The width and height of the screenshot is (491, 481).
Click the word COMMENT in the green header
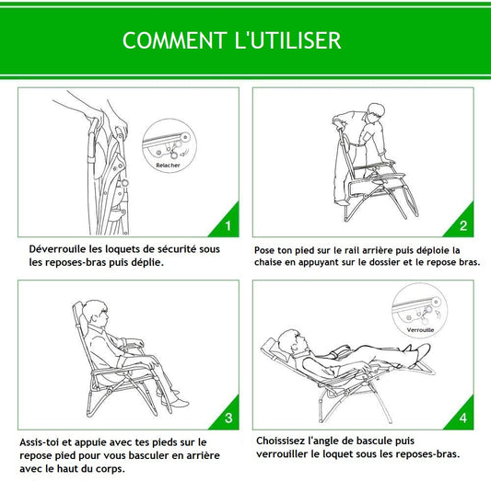[x=175, y=40]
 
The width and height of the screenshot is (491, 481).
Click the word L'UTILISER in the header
[x=287, y=40]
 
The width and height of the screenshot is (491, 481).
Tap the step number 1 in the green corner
[x=228, y=225]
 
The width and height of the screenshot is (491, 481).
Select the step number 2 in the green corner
[x=463, y=225]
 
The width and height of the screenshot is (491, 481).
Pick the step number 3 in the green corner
[x=228, y=418]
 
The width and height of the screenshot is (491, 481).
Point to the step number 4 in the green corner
[x=463, y=418]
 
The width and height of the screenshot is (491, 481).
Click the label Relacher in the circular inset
[x=169, y=166]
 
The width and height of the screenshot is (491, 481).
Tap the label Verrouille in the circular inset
[x=420, y=330]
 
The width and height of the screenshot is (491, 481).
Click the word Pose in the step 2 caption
[x=264, y=250]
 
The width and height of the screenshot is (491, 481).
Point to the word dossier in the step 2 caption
[x=385, y=262]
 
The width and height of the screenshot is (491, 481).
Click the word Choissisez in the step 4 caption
[x=280, y=441]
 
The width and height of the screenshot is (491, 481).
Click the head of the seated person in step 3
[x=95, y=313]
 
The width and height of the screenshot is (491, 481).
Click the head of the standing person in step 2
[x=376, y=113]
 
